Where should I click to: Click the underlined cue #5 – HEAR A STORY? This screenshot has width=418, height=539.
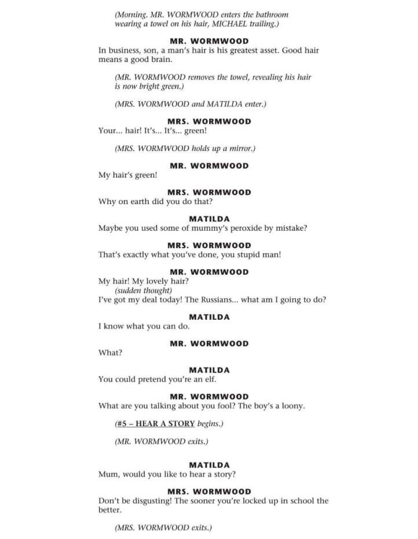coord(156,424)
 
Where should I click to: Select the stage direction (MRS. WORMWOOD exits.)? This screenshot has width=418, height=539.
coord(163,528)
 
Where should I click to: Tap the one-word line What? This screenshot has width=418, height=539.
coord(110,353)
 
